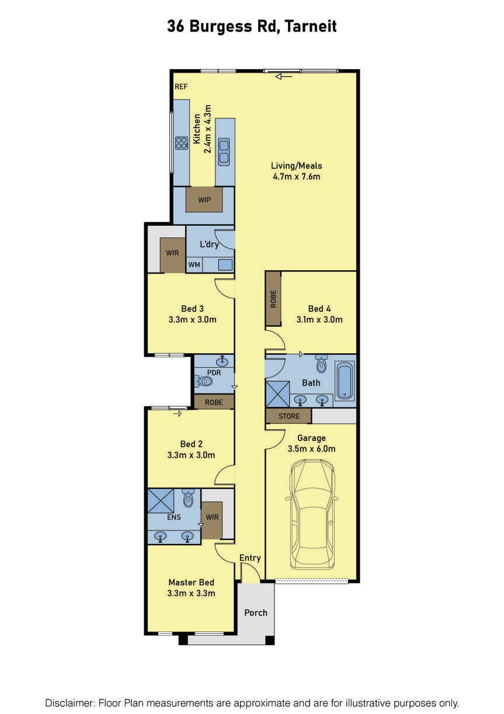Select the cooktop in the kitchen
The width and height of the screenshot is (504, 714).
(182, 143)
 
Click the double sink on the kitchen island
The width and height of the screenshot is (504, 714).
(224, 151)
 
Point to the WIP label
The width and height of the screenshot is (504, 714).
(204, 200)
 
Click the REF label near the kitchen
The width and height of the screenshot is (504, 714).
(181, 87)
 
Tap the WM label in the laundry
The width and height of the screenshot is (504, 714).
(194, 264)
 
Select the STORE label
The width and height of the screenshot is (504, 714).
(289, 416)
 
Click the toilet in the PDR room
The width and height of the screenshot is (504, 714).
(203, 381)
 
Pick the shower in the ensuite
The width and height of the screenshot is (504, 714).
(161, 501)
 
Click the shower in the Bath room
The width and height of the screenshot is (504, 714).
(277, 394)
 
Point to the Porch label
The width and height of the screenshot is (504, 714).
(256, 612)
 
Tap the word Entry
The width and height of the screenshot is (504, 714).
(250, 557)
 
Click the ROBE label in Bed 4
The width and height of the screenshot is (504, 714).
(273, 299)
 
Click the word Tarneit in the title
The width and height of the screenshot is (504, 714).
(311, 26)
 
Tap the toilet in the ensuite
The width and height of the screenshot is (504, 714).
(188, 499)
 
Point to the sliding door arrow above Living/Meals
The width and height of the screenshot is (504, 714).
(284, 77)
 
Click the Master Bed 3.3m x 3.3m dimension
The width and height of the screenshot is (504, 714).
(191, 593)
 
